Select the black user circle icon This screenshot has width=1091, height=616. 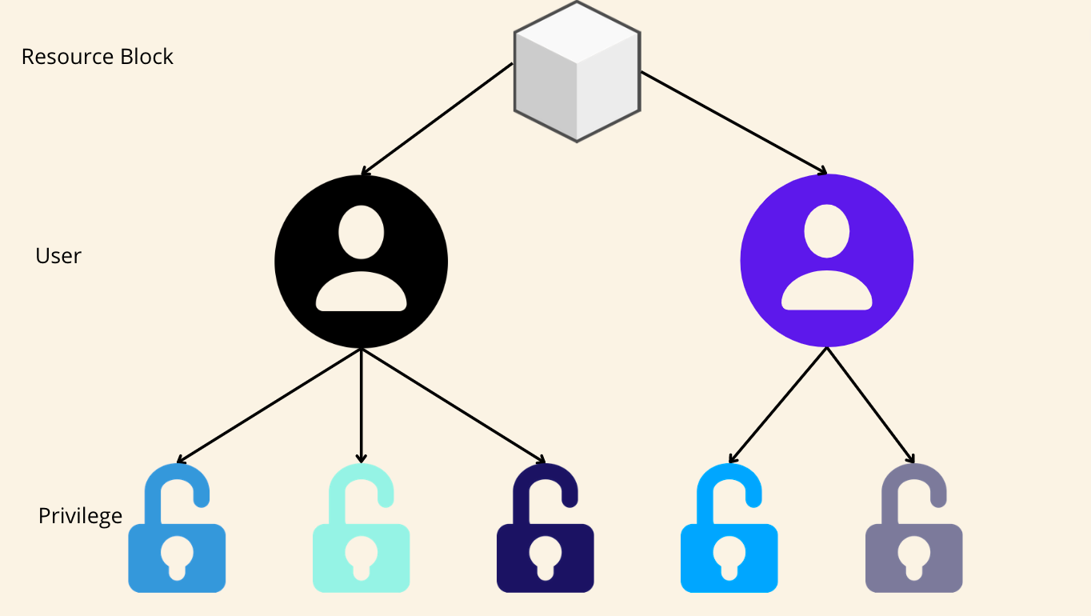tap(361, 262)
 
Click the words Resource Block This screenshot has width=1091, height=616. tap(97, 57)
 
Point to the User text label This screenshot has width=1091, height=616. tap(58, 256)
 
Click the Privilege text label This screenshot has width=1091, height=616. tap(80, 516)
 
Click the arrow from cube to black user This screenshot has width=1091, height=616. tap(436, 119)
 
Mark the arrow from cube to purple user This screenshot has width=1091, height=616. tap(733, 122)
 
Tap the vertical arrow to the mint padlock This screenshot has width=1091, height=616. tap(361, 405)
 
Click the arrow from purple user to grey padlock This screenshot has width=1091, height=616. tap(870, 405)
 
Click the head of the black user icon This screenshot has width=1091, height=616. tap(361, 232)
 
